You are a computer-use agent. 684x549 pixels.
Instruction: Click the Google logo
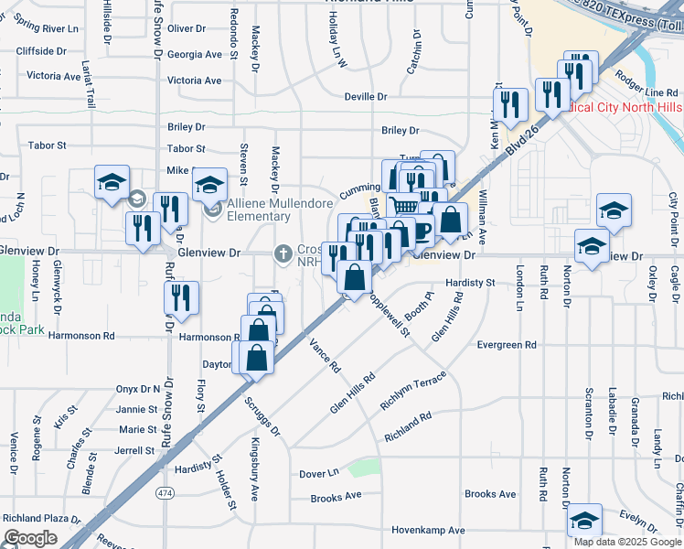tap(30, 537)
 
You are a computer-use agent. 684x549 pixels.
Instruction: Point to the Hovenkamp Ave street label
tap(429, 530)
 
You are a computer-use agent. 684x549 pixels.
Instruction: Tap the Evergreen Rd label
tap(507, 345)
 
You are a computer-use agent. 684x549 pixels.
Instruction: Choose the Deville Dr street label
tap(366, 96)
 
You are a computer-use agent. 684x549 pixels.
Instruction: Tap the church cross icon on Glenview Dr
tap(283, 253)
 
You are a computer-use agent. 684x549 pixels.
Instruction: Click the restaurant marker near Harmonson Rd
tap(181, 297)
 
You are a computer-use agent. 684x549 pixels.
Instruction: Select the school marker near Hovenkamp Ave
tap(584, 521)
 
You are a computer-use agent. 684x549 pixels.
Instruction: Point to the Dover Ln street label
tap(319, 474)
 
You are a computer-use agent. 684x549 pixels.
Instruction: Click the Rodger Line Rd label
tap(647, 92)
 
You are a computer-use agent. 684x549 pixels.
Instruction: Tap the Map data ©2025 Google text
tap(627, 542)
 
